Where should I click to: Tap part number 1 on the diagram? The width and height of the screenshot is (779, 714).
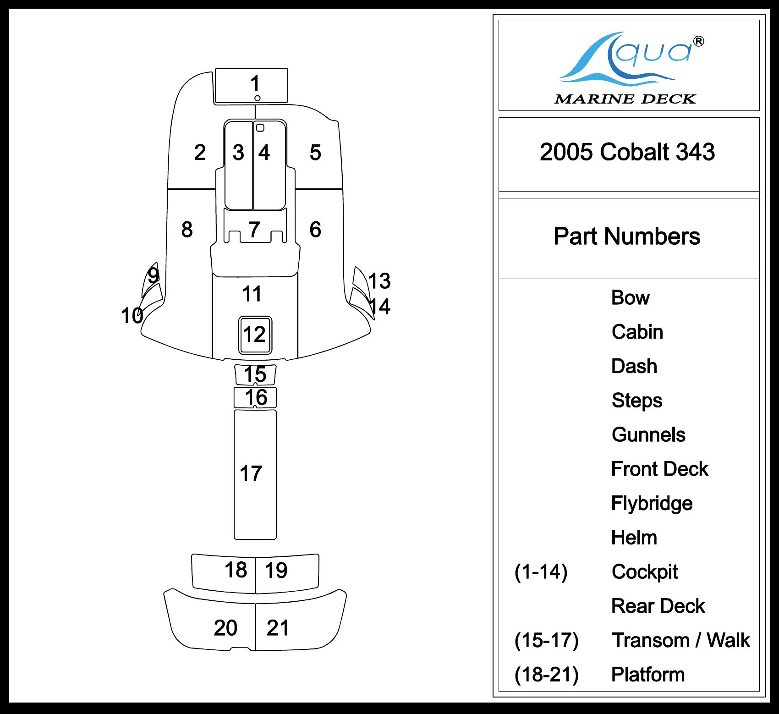click(255, 84)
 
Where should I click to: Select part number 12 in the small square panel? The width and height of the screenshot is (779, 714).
click(254, 335)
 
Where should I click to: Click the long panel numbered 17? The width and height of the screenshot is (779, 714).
click(251, 474)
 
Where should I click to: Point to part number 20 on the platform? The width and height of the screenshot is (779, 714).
click(225, 628)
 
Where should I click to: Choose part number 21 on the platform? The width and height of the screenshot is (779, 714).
click(278, 628)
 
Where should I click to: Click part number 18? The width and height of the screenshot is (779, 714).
click(236, 570)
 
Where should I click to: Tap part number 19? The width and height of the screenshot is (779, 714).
click(276, 571)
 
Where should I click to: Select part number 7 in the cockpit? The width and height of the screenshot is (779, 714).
click(254, 229)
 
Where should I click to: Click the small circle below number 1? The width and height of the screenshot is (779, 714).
click(258, 98)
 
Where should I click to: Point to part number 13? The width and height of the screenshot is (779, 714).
click(379, 281)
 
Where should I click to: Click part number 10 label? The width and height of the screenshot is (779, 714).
click(132, 316)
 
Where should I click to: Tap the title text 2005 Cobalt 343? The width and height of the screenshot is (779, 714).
click(627, 152)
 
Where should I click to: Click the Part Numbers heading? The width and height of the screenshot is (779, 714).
click(626, 236)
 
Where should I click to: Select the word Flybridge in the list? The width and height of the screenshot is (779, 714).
click(652, 503)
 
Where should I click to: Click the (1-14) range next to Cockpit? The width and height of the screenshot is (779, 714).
click(541, 572)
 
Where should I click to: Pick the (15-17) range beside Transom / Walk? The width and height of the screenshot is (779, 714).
click(546, 640)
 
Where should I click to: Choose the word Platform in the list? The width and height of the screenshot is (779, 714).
click(648, 675)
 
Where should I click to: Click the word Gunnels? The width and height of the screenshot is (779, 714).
click(648, 435)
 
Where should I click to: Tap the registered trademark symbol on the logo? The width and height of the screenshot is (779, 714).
click(699, 42)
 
